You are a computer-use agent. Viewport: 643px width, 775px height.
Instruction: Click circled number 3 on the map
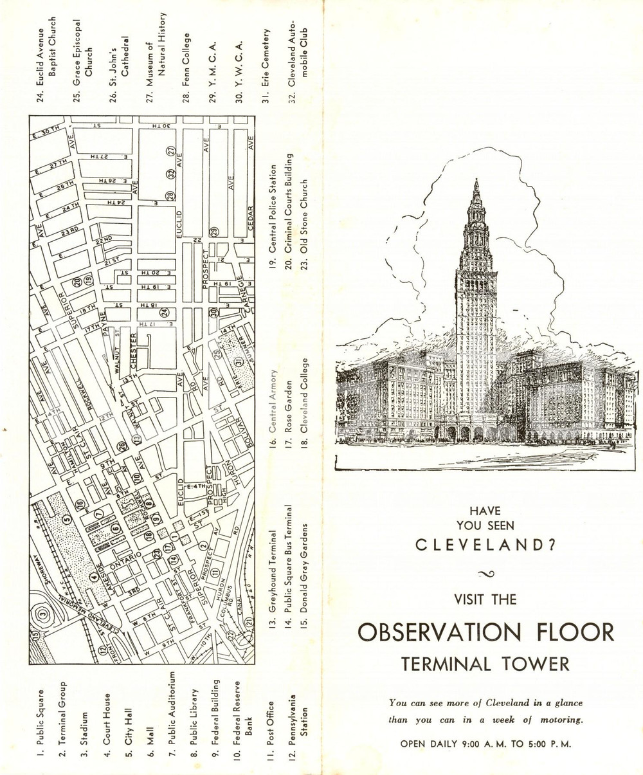pyautogui.click(x=42, y=614)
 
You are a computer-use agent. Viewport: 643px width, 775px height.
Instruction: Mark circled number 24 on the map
pyautogui.click(x=165, y=313)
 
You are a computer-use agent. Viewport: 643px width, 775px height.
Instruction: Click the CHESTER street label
pyautogui.click(x=134, y=351)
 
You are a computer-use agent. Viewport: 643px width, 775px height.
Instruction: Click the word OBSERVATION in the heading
pyautogui.click(x=432, y=632)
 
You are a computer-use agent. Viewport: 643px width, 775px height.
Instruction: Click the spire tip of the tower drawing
pyautogui.click(x=476, y=181)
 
